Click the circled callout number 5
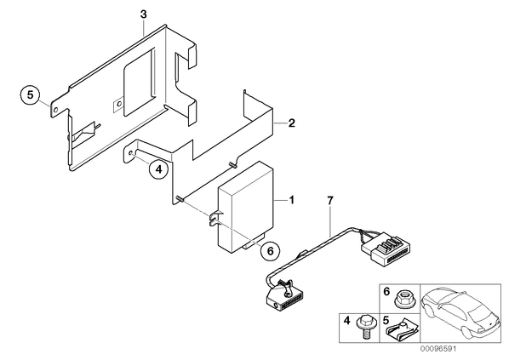30,95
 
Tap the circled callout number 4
158,169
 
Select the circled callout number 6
270,250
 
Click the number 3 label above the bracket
144,14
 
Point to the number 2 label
291,123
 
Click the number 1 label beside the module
291,200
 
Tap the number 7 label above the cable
329,201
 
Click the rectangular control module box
246,207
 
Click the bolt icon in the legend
363,328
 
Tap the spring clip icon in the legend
401,330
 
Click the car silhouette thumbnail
460,313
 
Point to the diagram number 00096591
438,349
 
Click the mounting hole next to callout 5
56,110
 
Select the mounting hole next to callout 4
131,153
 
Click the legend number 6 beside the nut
386,292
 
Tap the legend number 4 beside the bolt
347,321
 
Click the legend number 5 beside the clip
386,321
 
